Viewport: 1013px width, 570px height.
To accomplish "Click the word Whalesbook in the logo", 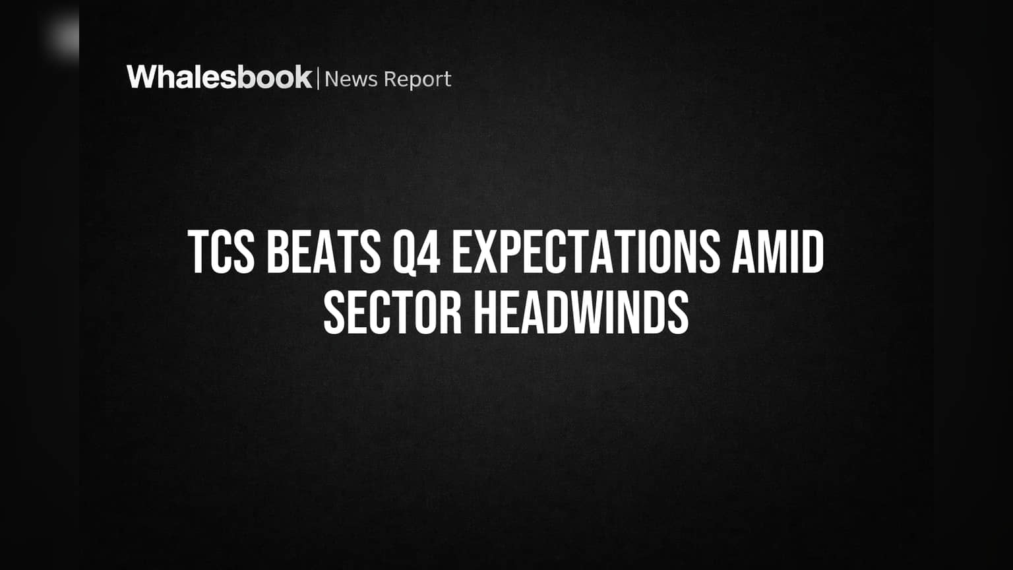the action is (x=220, y=77).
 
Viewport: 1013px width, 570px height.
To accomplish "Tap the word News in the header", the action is (x=351, y=79).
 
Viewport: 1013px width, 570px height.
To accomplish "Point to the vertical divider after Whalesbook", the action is (x=318, y=78).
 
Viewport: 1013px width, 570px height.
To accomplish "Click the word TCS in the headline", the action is (x=221, y=251).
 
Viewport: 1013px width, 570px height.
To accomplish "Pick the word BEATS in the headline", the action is (x=324, y=251).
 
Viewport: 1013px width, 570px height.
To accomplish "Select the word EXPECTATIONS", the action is (x=586, y=251).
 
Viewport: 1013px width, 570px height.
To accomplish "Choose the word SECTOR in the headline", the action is (x=392, y=313).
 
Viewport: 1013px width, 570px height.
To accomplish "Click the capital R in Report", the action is (x=391, y=79).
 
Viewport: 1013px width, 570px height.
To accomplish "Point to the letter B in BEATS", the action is (x=278, y=251).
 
